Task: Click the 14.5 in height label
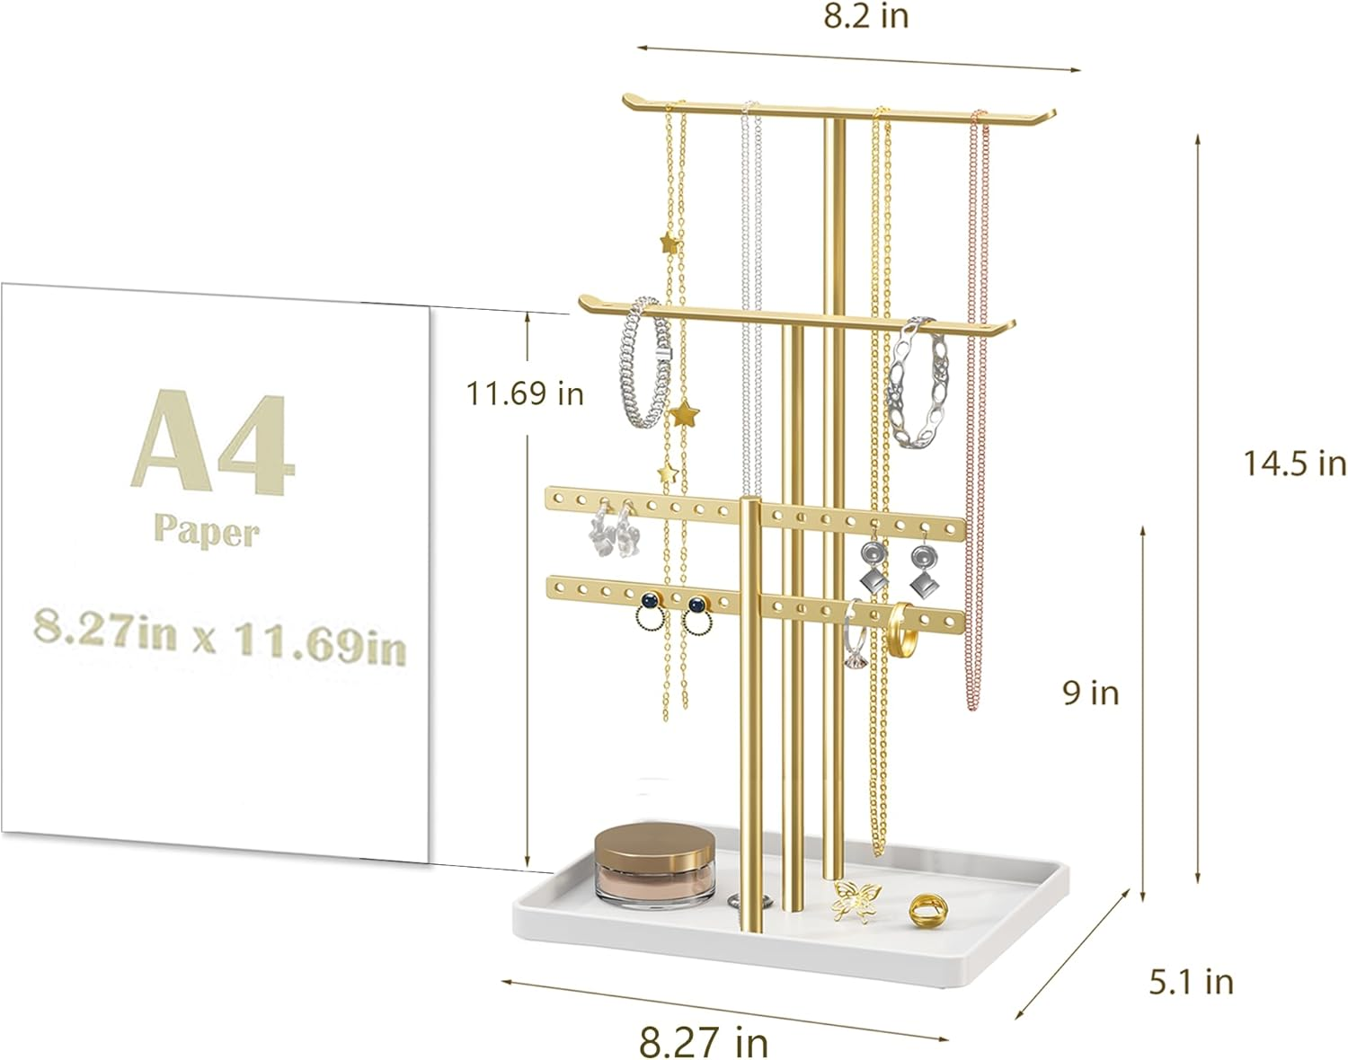coord(1294,464)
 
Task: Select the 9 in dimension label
coord(1091,693)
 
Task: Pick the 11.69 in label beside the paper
coord(525,393)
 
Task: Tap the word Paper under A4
coord(206,531)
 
